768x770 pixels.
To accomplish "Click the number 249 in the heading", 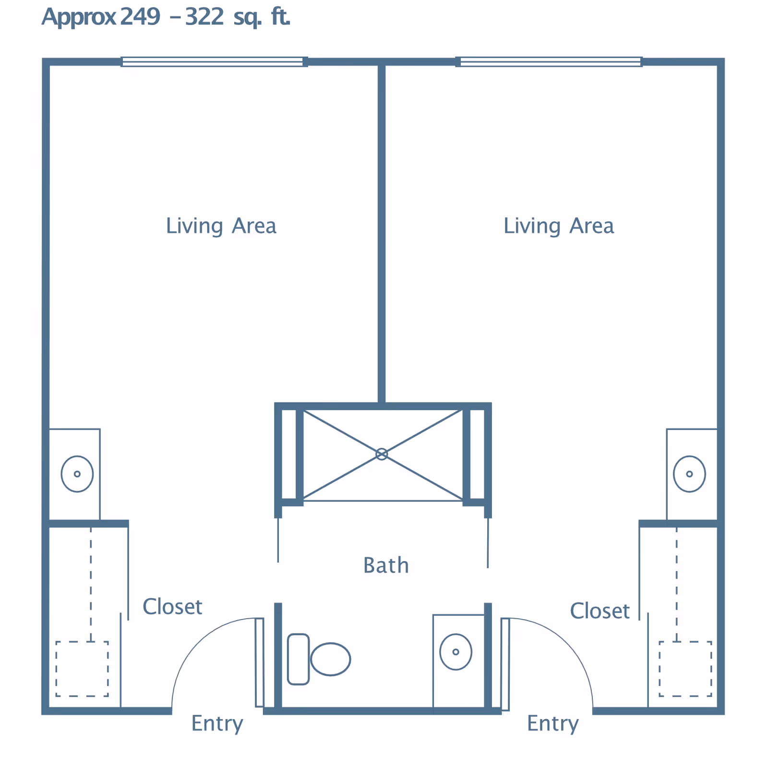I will click(140, 17).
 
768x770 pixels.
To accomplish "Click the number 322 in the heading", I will click(204, 17).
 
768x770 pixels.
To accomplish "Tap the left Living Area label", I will click(221, 226).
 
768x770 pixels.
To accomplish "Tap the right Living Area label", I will click(558, 226).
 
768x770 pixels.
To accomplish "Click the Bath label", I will click(386, 565).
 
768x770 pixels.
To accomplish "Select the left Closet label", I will click(172, 607).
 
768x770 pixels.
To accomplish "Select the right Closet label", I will click(600, 611).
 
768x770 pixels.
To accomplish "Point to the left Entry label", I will click(217, 723).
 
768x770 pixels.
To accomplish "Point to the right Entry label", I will click(552, 723).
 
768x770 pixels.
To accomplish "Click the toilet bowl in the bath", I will click(331, 659).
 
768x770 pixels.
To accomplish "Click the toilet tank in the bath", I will click(298, 659).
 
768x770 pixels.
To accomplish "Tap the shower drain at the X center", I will click(382, 454).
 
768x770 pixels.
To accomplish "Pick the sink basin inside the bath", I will click(456, 652).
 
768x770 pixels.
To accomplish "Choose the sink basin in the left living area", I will click(77, 474).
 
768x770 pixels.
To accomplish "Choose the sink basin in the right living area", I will click(689, 474).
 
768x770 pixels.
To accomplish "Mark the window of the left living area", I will click(214, 61).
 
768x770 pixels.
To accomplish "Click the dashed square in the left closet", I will click(82, 668).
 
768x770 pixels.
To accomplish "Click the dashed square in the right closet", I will click(685, 668).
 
